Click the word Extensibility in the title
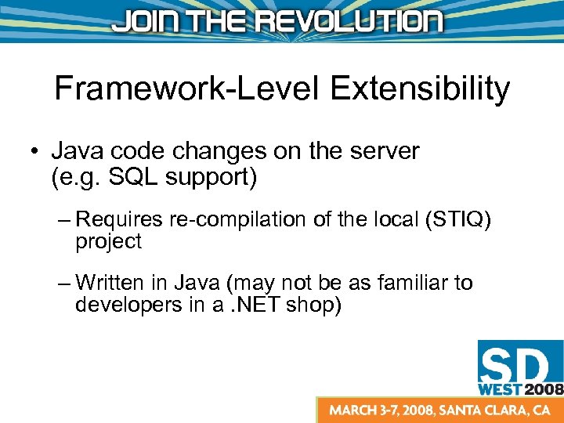[x=420, y=89]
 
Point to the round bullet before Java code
[x=36, y=151]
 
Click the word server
[x=385, y=150]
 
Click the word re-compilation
[x=240, y=220]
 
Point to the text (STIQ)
[x=457, y=221]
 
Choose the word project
[x=108, y=242]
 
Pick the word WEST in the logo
[x=501, y=388]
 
